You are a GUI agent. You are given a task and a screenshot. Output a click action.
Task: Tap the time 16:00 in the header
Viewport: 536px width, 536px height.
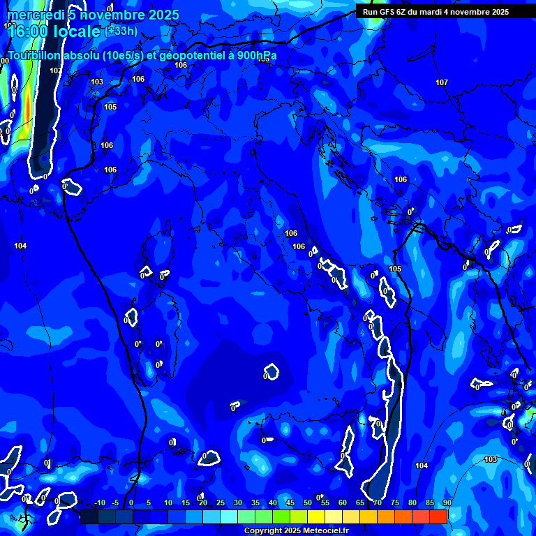click(27, 31)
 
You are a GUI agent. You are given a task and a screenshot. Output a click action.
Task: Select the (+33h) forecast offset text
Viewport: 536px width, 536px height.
click(121, 31)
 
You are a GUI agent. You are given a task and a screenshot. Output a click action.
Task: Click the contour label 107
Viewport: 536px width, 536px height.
click(442, 82)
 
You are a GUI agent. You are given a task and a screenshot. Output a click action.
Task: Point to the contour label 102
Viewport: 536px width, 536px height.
click(55, 70)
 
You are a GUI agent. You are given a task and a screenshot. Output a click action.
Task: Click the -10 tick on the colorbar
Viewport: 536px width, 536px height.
click(99, 503)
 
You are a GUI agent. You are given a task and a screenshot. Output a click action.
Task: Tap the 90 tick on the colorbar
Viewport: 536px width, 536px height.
click(447, 503)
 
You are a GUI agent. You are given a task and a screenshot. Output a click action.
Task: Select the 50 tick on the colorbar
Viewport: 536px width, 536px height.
click(308, 503)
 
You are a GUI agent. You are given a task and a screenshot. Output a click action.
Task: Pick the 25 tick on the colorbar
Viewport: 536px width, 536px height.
click(221, 503)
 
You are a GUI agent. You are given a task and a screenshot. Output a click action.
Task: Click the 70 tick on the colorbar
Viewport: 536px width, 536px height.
click(378, 503)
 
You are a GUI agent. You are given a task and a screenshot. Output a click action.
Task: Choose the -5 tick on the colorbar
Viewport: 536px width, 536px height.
click(115, 503)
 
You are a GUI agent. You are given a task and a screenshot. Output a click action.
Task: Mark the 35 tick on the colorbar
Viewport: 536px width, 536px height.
click(255, 503)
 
